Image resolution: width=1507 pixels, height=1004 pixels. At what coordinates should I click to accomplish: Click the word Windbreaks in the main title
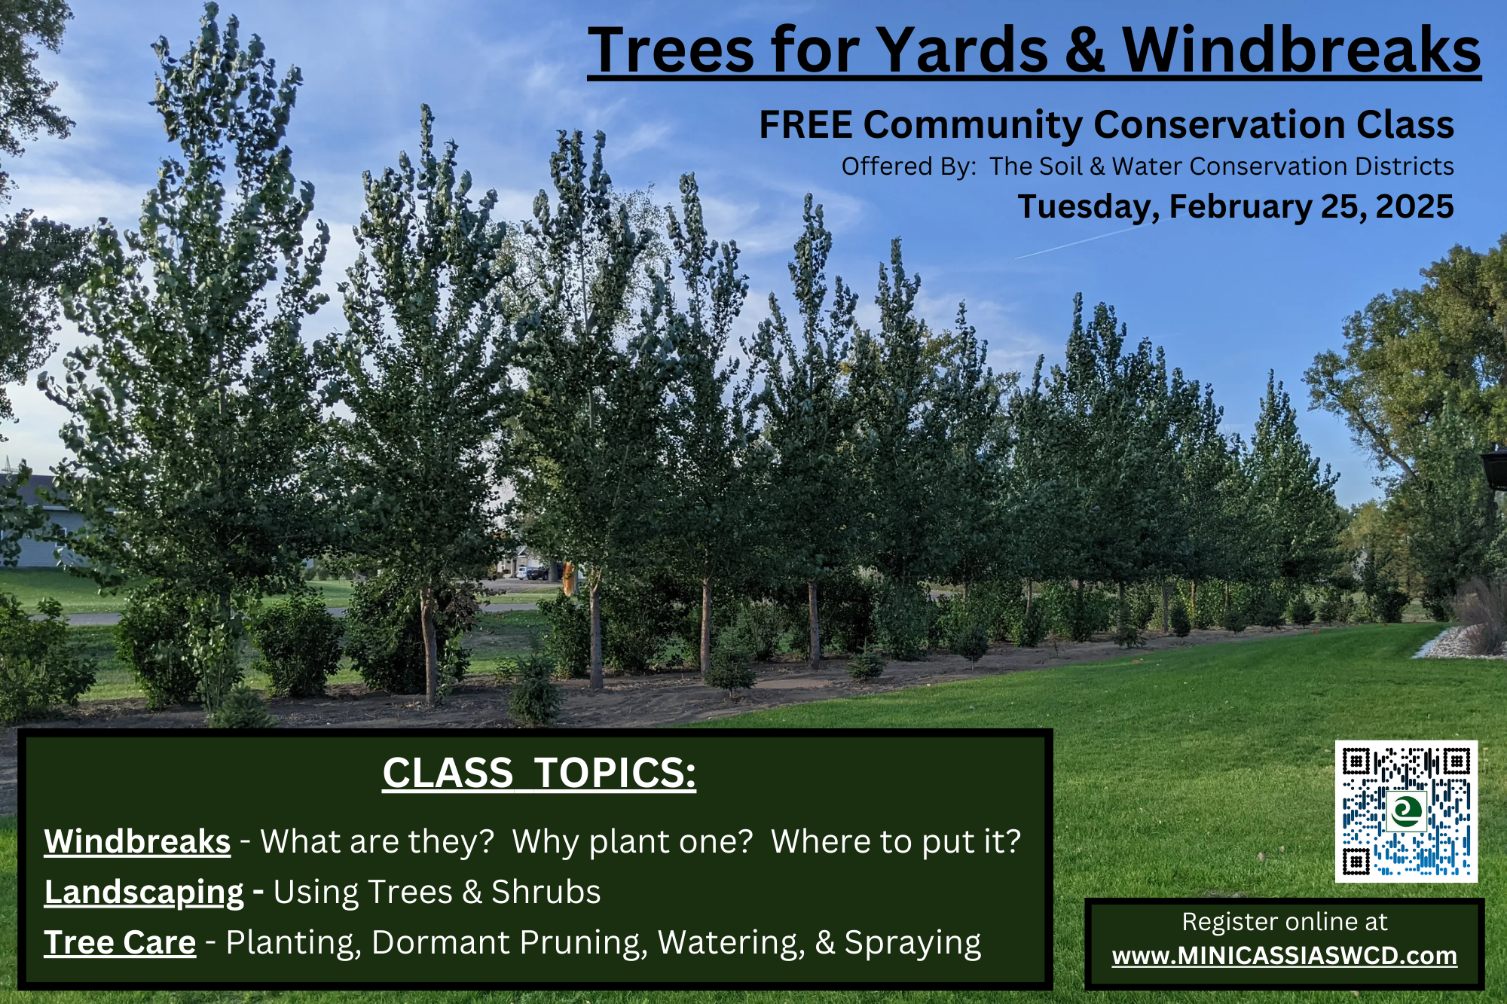[1301, 50]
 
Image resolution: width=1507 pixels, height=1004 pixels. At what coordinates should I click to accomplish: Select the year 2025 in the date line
[1414, 206]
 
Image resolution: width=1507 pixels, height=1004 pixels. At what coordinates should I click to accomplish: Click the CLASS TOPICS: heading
[540, 773]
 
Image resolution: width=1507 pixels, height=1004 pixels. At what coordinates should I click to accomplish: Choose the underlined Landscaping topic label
[144, 893]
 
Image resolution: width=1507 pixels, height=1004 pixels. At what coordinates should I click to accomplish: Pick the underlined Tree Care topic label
[120, 942]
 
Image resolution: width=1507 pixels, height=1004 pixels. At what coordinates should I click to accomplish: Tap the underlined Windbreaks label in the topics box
[137, 841]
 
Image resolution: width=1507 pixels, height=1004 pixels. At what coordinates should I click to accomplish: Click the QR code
[1406, 811]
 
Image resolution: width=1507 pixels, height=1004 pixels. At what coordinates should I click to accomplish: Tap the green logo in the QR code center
[1406, 811]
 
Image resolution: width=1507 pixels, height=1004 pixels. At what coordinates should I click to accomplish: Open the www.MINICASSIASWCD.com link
[1285, 956]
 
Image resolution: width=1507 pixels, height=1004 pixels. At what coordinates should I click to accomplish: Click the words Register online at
[1285, 922]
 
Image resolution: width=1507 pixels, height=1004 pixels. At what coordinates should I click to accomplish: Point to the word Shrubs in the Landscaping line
[546, 893]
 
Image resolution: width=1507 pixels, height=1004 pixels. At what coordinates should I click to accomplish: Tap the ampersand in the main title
[1085, 50]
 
